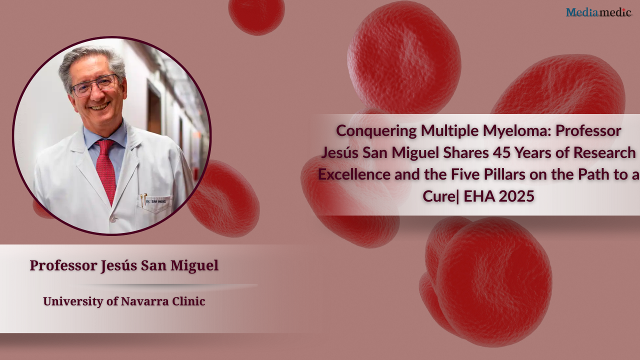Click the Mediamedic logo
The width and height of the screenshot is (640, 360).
(x=599, y=12)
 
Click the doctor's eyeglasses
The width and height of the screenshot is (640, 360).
(x=95, y=85)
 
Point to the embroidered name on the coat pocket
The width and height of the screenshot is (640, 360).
(x=156, y=201)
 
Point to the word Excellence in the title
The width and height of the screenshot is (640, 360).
(x=354, y=174)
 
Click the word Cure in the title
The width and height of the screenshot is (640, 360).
(x=438, y=196)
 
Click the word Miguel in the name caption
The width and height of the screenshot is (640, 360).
(x=194, y=266)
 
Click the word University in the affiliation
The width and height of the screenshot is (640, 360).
(x=73, y=301)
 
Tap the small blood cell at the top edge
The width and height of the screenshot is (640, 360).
(x=256, y=16)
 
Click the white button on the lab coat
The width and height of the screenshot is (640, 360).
(x=113, y=219)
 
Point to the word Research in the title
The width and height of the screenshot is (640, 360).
(x=604, y=152)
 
